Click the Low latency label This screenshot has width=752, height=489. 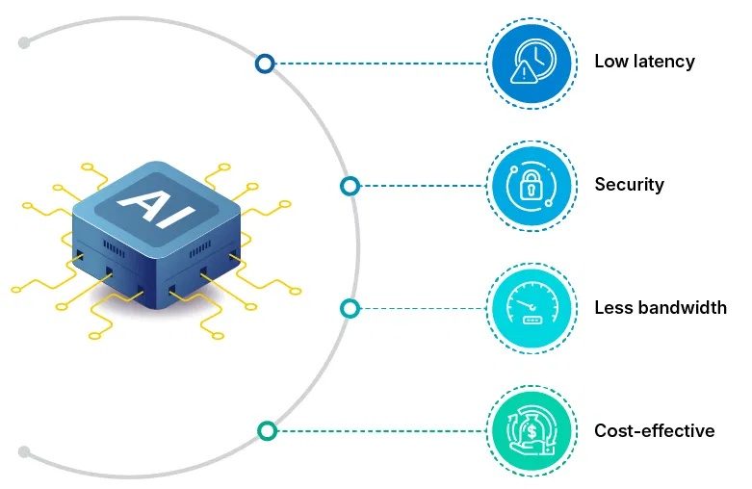click(644, 62)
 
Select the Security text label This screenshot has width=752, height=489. click(629, 185)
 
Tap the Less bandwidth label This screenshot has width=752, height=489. click(660, 308)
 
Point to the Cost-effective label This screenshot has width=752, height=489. click(654, 430)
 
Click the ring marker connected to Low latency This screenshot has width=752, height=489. click(265, 64)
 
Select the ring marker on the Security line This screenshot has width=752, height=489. click(350, 186)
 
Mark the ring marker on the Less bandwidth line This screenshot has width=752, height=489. click(350, 308)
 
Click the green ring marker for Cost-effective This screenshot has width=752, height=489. click(268, 430)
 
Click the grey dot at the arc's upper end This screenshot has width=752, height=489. click(25, 42)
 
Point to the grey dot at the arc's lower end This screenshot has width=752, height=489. click(25, 450)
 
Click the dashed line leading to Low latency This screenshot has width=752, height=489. click(376, 64)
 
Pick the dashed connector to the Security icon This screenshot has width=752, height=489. click(419, 186)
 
